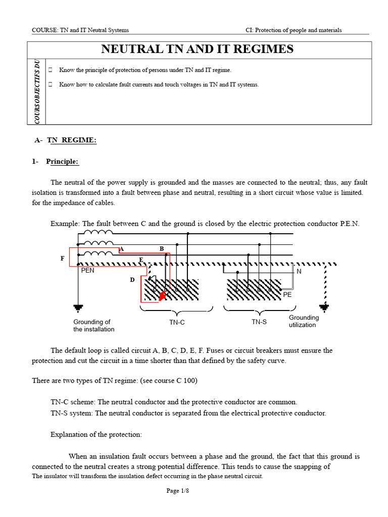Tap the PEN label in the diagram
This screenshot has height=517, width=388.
[87, 270]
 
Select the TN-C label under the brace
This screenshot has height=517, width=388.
[177, 322]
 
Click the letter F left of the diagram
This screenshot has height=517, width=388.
[63, 258]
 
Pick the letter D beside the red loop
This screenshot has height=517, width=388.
[132, 279]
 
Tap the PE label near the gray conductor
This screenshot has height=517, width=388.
[287, 294]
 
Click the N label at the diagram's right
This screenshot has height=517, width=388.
[299, 271]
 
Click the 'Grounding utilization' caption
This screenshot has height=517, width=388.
[304, 321]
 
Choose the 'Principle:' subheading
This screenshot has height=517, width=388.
[63, 162]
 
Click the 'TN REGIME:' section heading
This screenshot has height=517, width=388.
[72, 140]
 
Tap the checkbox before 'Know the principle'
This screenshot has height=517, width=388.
[51, 70]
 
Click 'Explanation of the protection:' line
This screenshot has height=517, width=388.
[95, 434]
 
